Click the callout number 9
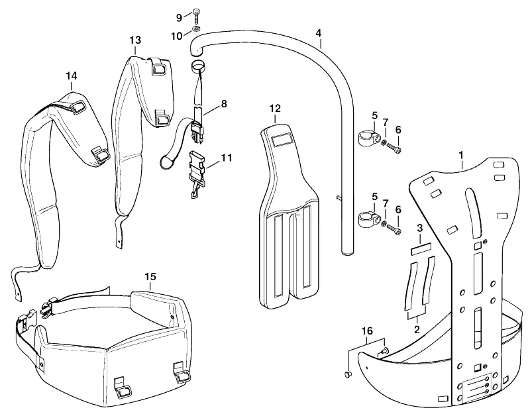pos(179,18)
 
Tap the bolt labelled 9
pos(196,15)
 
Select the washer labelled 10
pos(196,28)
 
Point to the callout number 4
pos(318,33)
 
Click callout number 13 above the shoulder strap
pos(135,40)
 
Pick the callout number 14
pos(72,76)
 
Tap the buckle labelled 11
pos(197,173)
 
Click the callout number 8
pos(224,104)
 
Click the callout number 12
pos(275,109)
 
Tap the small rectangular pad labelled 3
pos(421,251)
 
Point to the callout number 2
pos(417,329)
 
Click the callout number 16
pos(367,331)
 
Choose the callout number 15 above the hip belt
pos(150,277)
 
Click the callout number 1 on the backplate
pos(460,155)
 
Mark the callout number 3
pos(420,228)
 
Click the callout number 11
pos(227,158)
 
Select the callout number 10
pos(177,36)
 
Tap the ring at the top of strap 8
pos(198,66)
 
